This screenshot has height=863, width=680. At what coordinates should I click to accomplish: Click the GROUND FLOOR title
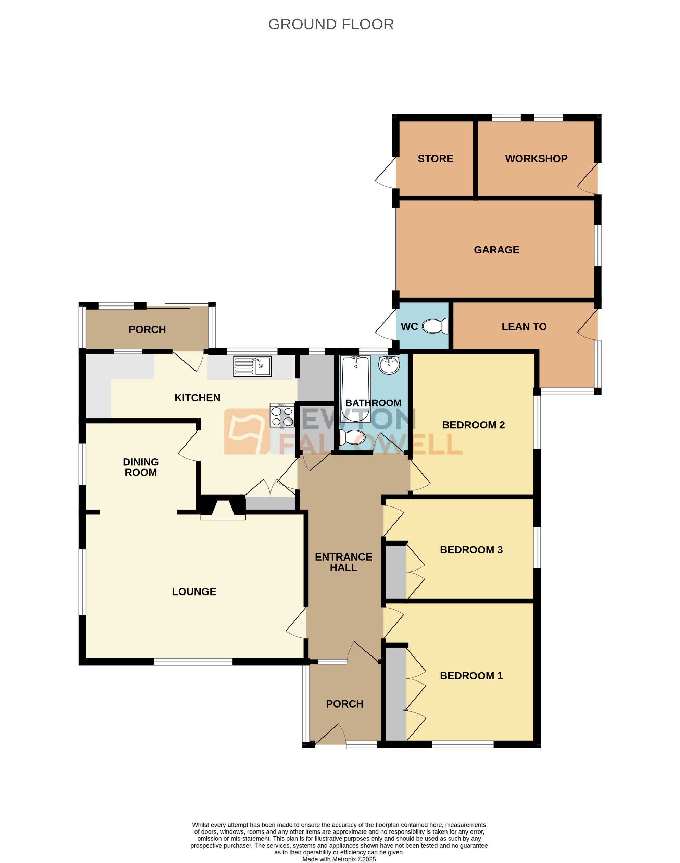[331, 25]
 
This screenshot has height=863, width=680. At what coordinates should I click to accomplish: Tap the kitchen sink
[252, 366]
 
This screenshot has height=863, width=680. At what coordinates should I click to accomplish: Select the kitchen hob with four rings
[282, 415]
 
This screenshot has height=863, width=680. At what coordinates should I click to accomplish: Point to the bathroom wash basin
[389, 365]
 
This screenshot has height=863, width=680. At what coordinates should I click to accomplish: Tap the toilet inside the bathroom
[352, 437]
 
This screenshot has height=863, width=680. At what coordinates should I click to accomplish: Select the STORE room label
[435, 159]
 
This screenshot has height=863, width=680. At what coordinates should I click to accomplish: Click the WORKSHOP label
[536, 159]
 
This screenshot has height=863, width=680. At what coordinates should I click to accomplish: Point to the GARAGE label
[496, 250]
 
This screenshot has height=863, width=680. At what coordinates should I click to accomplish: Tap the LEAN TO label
[524, 327]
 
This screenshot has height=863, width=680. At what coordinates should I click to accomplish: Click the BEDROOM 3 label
[471, 550]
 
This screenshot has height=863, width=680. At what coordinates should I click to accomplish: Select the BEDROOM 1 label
[471, 675]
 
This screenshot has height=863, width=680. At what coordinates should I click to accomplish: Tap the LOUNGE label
[194, 591]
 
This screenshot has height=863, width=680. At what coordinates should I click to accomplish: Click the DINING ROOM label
[140, 467]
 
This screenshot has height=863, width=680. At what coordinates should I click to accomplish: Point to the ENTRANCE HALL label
[343, 562]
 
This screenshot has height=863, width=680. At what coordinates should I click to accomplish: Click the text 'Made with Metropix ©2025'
[339, 859]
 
